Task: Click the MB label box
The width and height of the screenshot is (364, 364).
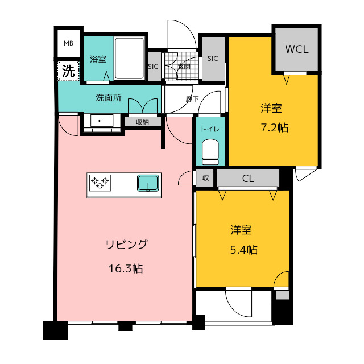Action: tap(69, 43)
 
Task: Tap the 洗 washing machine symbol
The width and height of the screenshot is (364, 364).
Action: tap(68, 71)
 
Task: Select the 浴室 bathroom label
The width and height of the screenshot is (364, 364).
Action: tap(98, 59)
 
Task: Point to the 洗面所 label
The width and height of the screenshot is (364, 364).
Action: tap(108, 97)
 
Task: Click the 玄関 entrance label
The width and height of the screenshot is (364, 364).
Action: tap(184, 67)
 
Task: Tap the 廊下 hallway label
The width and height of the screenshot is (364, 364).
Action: tap(192, 98)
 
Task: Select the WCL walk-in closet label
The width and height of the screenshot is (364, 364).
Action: tap(296, 49)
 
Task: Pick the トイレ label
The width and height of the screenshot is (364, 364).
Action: tap(210, 129)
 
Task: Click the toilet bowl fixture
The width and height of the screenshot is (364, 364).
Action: tap(210, 152)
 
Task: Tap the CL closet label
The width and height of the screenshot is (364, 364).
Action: tap(248, 179)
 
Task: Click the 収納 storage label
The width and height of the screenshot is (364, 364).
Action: tap(142, 122)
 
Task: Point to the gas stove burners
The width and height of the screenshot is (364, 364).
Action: tap(101, 183)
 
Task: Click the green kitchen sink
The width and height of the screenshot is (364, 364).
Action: tap(148, 183)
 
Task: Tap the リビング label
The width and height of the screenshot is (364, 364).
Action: tap(126, 245)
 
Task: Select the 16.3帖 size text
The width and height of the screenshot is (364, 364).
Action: tap(126, 268)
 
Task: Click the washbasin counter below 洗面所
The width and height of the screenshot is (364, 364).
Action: tap(100, 122)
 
